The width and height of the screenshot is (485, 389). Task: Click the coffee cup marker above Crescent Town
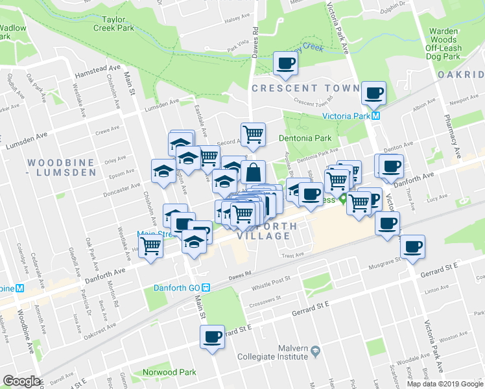click(x=285, y=64)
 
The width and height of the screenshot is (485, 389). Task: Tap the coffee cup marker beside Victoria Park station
click(x=373, y=93)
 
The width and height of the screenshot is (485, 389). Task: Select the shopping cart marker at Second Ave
click(x=253, y=134)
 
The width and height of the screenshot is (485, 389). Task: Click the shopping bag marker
click(x=254, y=172)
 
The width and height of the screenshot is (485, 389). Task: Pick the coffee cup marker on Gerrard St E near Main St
click(x=211, y=336)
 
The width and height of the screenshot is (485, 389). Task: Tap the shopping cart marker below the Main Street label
click(x=151, y=246)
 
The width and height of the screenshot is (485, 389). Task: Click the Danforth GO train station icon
click(x=206, y=288)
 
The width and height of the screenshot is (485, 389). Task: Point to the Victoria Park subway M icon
click(x=375, y=117)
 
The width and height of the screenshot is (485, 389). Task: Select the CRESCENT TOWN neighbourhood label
click(x=305, y=88)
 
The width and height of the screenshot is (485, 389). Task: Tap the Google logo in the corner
click(x=21, y=381)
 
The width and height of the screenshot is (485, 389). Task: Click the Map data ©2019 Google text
click(x=444, y=384)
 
